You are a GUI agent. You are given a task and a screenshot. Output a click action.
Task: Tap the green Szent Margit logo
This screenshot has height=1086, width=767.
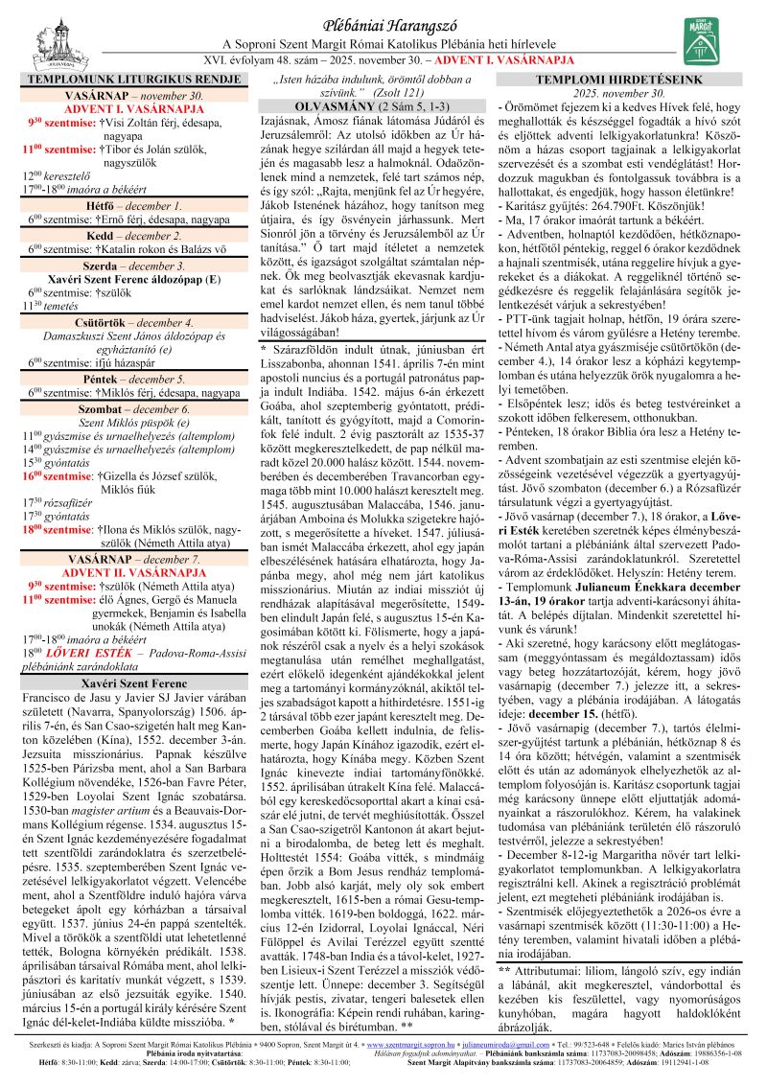(x=702, y=42)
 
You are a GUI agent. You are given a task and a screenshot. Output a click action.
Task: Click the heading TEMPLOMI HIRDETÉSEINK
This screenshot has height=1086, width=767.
(x=632, y=79)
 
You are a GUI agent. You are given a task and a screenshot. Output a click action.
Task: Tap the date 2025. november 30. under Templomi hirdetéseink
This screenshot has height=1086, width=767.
(x=632, y=93)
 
